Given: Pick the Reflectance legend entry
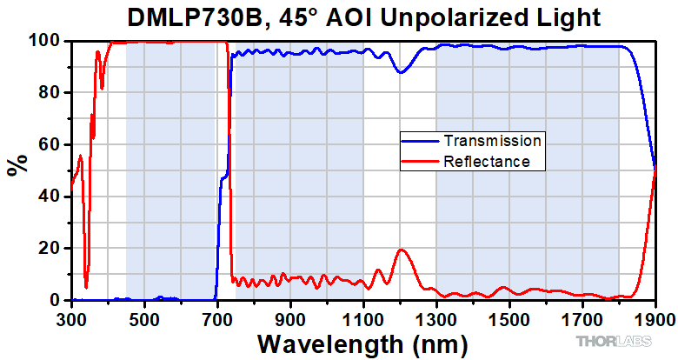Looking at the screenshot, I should (488, 161).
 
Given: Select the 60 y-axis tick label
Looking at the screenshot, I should (52, 144).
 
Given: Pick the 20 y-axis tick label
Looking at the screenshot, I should (52, 249).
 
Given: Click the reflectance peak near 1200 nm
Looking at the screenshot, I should (401, 250).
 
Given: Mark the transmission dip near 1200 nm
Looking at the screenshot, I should (401, 72).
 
